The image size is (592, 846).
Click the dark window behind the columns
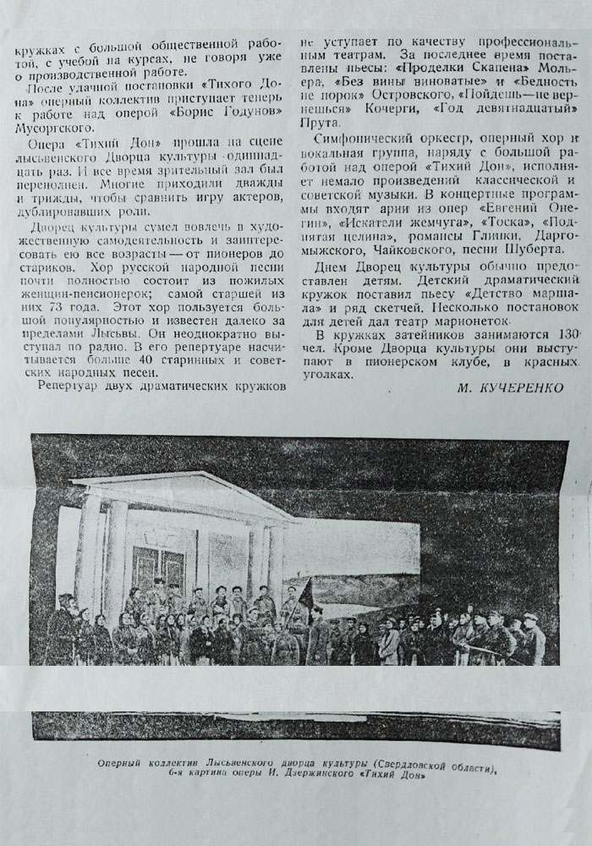click(160, 567)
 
